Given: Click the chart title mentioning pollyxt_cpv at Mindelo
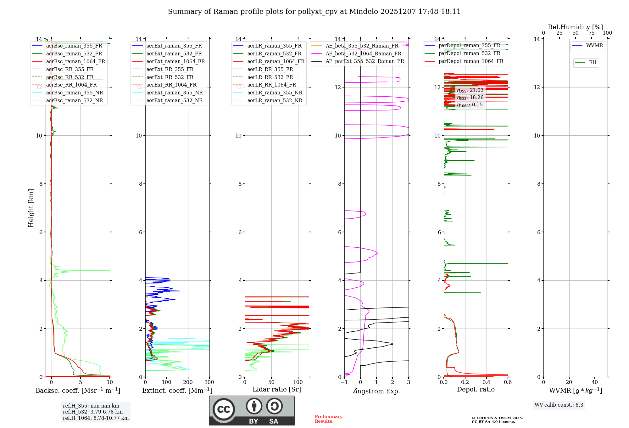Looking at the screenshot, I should click(x=314, y=12).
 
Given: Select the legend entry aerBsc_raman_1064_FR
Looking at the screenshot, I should click(x=75, y=61).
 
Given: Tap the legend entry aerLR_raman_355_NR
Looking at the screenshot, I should click(x=275, y=93).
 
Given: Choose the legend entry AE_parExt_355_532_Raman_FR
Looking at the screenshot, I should click(x=365, y=61).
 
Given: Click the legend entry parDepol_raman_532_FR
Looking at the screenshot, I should click(x=469, y=53).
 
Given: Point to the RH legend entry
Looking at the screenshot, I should click(x=593, y=63).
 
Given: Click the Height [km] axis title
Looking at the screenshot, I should click(x=31, y=208).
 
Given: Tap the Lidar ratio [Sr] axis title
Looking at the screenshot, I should click(x=277, y=389).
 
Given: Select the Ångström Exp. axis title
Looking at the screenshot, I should click(x=376, y=391).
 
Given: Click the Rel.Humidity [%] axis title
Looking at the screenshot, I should click(x=575, y=27).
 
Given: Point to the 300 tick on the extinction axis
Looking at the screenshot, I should click(x=209, y=382).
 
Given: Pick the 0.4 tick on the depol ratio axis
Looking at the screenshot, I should click(x=487, y=382).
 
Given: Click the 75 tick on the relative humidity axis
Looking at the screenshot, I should click(x=591, y=33).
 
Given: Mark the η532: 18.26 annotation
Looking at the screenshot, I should click(x=470, y=98).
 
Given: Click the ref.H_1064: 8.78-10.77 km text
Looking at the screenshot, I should click(x=96, y=418).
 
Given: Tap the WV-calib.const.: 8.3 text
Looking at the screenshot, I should click(x=559, y=405).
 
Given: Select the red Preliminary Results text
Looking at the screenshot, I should click(x=328, y=419).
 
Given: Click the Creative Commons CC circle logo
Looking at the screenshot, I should click(x=224, y=409).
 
